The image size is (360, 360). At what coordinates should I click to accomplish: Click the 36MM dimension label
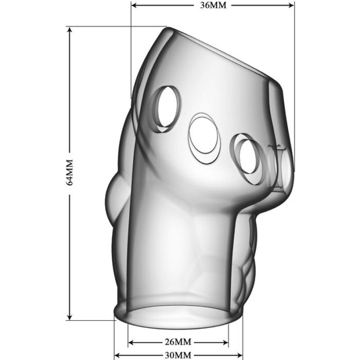(x=213, y=5)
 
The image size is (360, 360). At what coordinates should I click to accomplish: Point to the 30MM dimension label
(x=178, y=355)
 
